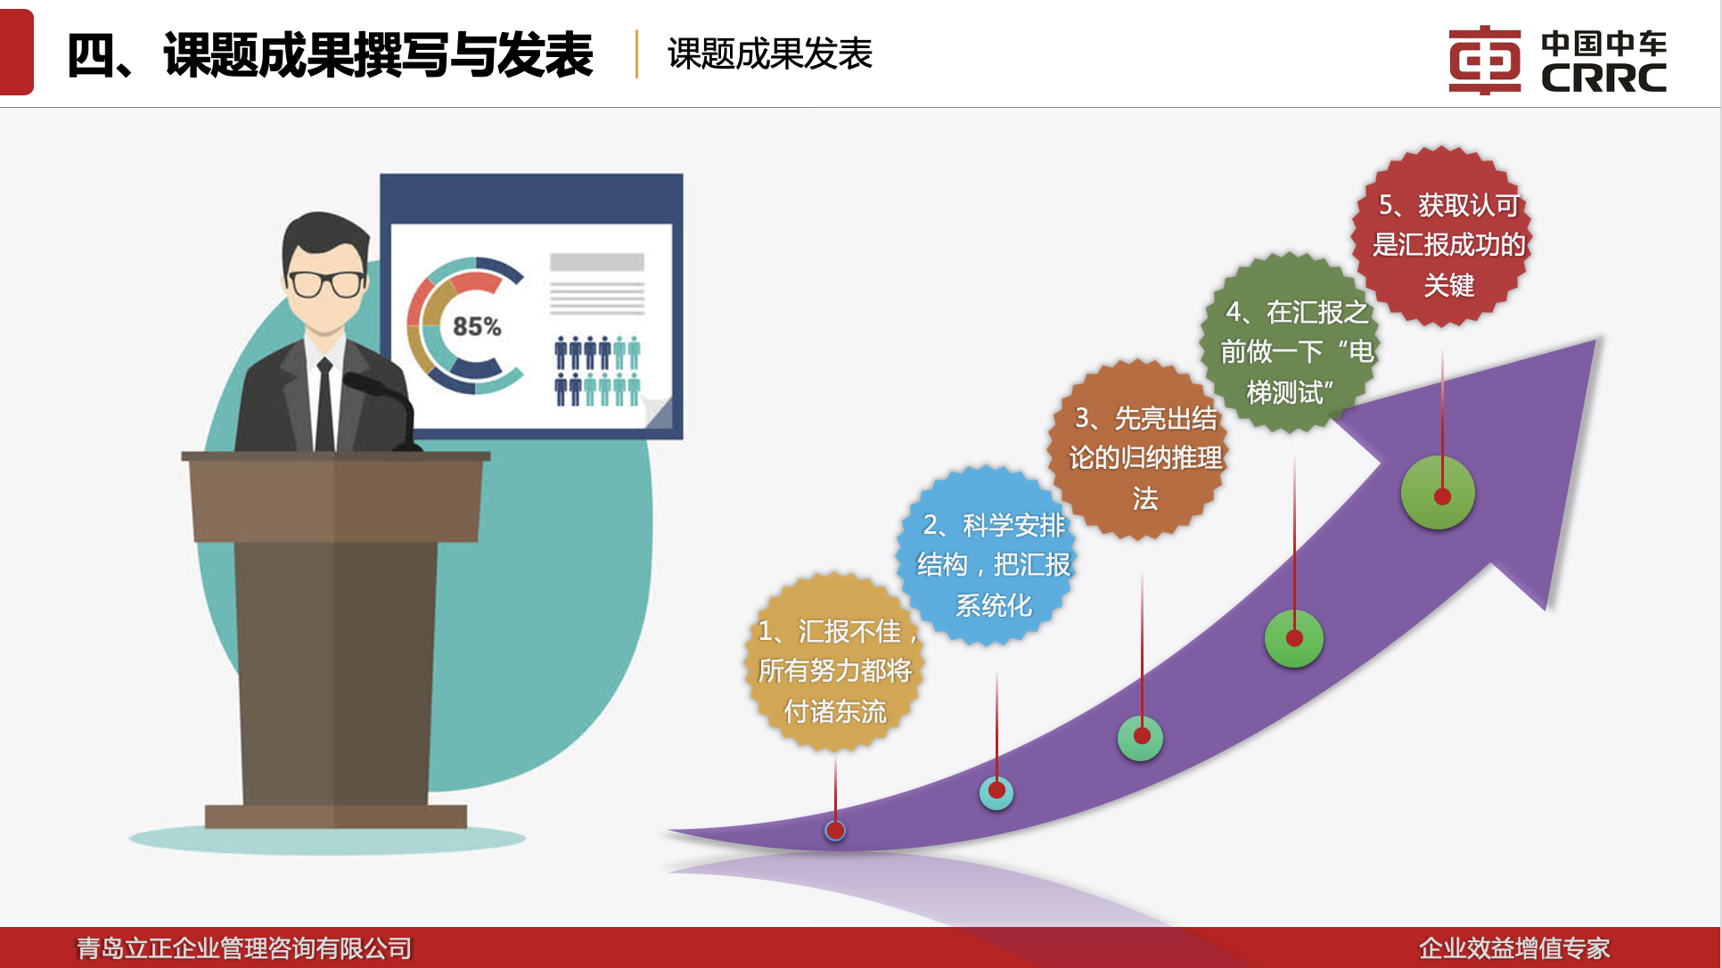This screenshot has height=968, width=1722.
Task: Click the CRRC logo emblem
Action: (1484, 60)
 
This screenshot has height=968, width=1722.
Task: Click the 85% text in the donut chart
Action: (477, 327)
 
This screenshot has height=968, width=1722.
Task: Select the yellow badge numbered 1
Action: (834, 661)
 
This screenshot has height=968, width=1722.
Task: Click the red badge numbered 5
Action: (1443, 236)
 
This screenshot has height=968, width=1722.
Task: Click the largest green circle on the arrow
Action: (1438, 493)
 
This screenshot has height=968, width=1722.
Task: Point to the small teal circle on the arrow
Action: (996, 792)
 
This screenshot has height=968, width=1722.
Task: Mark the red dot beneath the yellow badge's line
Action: (835, 831)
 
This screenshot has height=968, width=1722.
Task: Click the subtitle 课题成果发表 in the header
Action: (770, 53)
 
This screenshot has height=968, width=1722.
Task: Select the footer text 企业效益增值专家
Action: (1514, 948)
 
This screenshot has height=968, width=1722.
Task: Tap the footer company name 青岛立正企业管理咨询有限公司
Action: (244, 948)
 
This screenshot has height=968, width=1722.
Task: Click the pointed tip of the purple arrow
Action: (1595, 340)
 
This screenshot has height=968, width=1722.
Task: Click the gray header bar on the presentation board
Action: (597, 262)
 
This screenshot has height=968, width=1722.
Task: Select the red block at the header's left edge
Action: (17, 52)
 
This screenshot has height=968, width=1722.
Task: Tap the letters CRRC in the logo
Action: (1604, 78)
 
